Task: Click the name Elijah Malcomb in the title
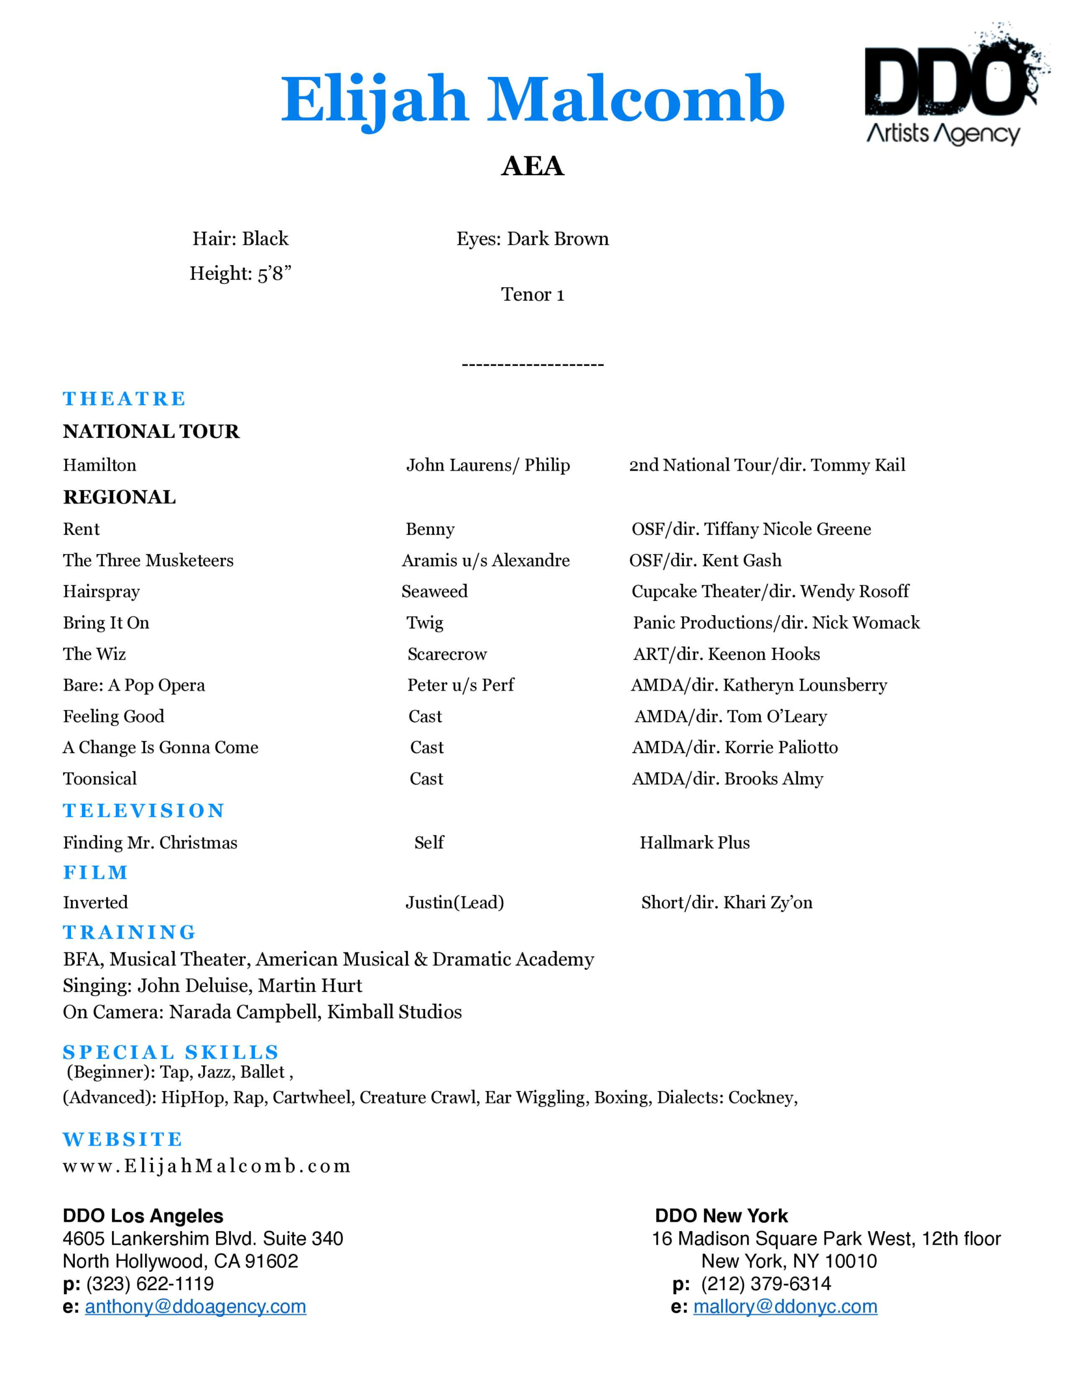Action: [532, 100]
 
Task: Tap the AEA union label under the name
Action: [532, 166]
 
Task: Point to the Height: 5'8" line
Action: [240, 274]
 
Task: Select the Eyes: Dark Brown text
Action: [532, 239]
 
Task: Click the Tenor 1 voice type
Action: [532, 294]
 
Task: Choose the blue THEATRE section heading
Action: [124, 399]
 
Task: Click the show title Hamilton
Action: [99, 465]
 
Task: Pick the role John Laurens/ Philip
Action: [487, 465]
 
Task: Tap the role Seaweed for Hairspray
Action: [434, 591]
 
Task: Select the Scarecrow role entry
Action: [447, 654]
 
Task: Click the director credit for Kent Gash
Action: [705, 561]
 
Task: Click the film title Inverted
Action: [95, 902]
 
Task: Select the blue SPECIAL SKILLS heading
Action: [171, 1052]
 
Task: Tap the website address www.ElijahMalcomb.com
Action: [206, 1166]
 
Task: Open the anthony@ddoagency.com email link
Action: [195, 1306]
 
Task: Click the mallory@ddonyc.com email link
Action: [785, 1306]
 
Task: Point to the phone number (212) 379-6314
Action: [766, 1284]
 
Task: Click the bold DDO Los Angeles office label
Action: [143, 1216]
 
